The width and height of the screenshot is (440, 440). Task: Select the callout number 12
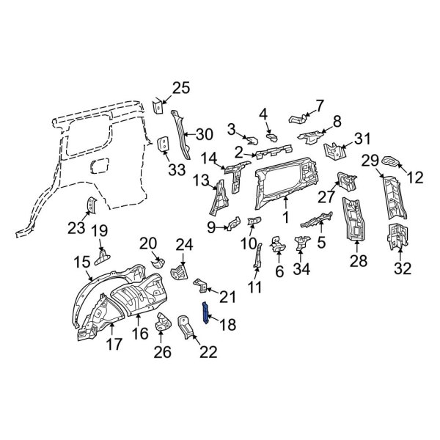[416, 176]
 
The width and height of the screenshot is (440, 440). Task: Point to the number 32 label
[403, 268]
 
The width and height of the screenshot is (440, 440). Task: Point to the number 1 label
[286, 218]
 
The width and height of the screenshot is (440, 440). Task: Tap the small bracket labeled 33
[164, 144]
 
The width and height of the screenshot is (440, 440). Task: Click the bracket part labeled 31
[334, 152]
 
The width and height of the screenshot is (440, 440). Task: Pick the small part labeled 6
[278, 244]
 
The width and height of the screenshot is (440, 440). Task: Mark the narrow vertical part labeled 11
[257, 256]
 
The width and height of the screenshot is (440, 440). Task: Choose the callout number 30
[205, 133]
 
